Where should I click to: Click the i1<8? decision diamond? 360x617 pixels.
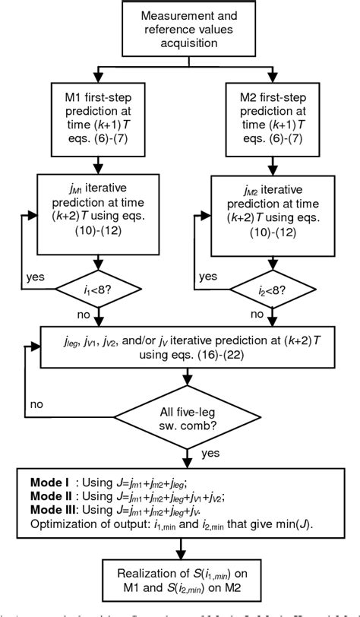(x=93, y=288)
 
